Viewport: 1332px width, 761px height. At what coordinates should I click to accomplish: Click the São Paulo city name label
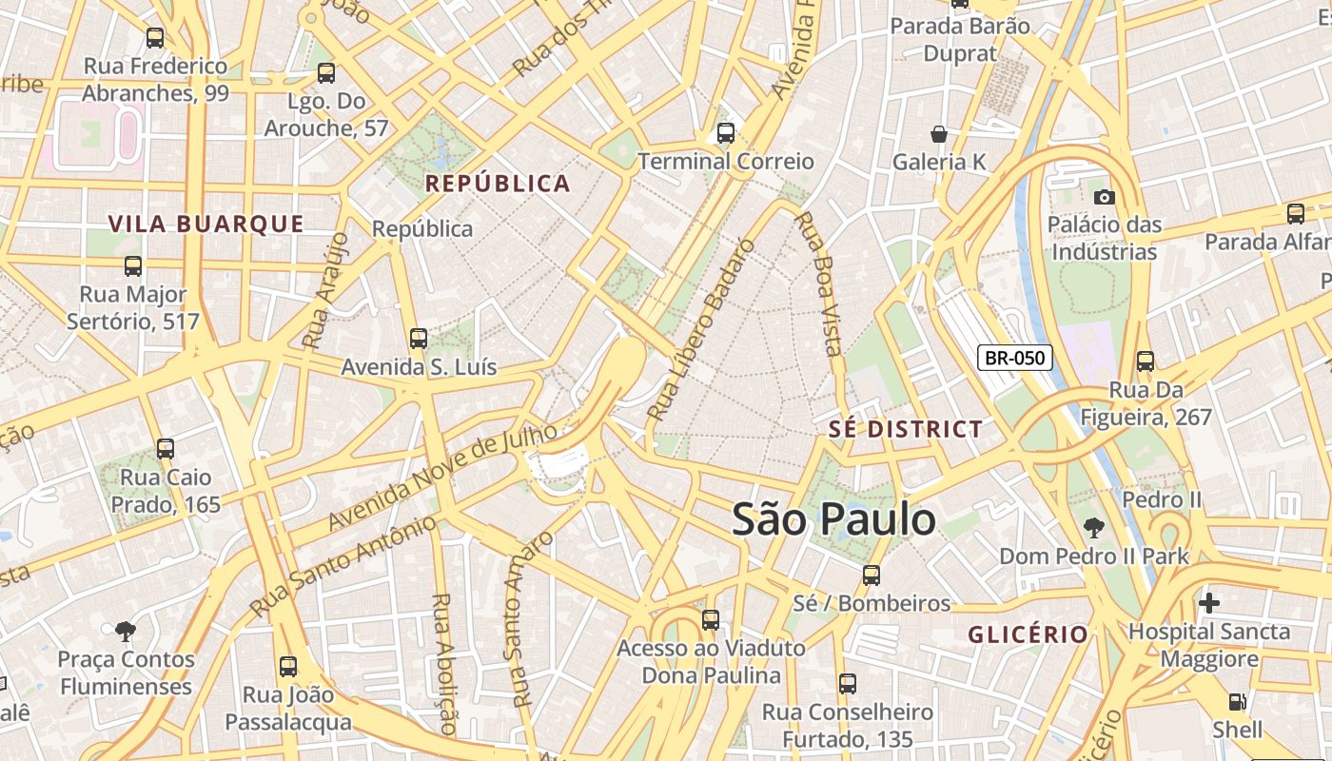[833, 520]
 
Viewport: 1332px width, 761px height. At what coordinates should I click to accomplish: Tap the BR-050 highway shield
[1015, 358]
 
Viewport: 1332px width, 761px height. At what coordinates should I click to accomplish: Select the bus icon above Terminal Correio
[726, 133]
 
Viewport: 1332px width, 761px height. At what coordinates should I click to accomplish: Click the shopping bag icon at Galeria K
[939, 134]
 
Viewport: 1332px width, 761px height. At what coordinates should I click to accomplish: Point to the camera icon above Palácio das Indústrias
[1104, 197]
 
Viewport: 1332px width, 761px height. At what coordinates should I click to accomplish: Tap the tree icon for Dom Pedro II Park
[1094, 527]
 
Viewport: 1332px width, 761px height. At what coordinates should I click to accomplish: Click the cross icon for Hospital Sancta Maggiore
[1208, 602]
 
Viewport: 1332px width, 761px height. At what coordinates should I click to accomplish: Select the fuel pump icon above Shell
[1237, 702]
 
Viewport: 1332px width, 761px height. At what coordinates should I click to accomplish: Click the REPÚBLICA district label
[498, 184]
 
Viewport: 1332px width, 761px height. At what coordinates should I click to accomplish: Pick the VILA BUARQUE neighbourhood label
[206, 224]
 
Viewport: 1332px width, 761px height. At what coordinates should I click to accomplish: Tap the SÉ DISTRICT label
[905, 429]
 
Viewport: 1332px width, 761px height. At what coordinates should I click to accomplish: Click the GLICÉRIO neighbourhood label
[1028, 634]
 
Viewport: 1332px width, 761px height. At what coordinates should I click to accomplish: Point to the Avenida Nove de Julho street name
[442, 477]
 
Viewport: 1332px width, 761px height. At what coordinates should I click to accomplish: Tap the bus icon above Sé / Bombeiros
[872, 575]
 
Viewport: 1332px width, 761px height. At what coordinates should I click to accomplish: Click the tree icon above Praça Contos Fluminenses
[125, 631]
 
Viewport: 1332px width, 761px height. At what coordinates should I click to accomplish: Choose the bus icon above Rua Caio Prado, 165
[166, 448]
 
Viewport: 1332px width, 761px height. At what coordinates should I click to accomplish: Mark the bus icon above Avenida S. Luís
[418, 338]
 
